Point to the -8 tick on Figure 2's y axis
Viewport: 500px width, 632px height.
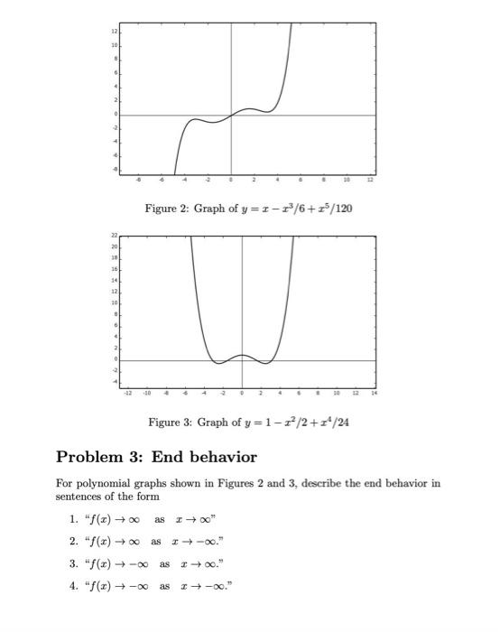114,169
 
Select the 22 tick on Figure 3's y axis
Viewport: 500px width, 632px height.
114,237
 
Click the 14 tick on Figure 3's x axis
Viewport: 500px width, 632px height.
373,394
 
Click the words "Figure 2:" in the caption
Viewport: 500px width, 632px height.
166,209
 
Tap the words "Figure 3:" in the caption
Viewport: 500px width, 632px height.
170,423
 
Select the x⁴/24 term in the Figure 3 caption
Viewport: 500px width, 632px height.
333,423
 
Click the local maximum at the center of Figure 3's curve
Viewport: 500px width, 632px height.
242,355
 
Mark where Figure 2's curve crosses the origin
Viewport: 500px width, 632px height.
231,115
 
